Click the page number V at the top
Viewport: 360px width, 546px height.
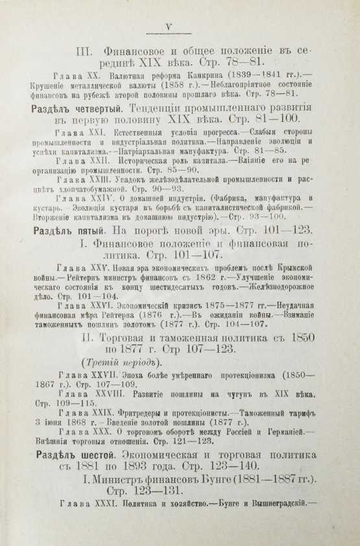click(x=168, y=27)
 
